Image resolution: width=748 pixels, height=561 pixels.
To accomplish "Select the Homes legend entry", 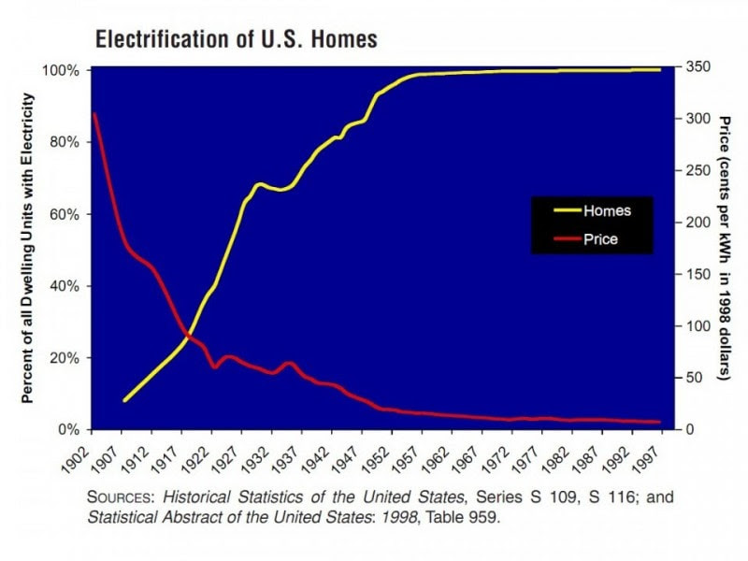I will coord(607,211).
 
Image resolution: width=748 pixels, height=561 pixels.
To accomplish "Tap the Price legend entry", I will coord(600,239).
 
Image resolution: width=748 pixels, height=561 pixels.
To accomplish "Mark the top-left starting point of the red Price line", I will coord(94,114).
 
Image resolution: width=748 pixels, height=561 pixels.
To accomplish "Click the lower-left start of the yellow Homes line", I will coord(124,400).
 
